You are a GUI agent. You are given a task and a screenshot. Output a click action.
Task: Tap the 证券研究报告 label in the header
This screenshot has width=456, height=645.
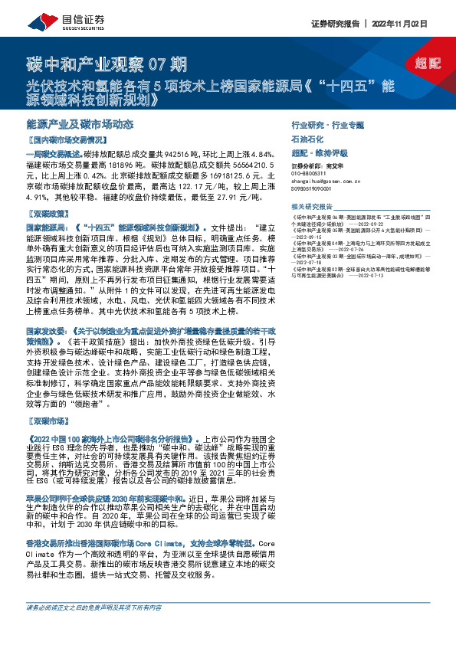[341, 24]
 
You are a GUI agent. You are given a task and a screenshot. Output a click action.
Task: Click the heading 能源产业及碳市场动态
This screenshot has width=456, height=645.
[80, 124]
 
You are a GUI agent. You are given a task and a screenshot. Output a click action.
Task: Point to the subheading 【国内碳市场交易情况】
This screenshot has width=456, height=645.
[65, 141]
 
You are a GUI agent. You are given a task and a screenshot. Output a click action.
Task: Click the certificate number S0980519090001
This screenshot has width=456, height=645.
[315, 188]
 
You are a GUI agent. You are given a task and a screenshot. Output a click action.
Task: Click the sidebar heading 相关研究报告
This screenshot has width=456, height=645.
[312, 207]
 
